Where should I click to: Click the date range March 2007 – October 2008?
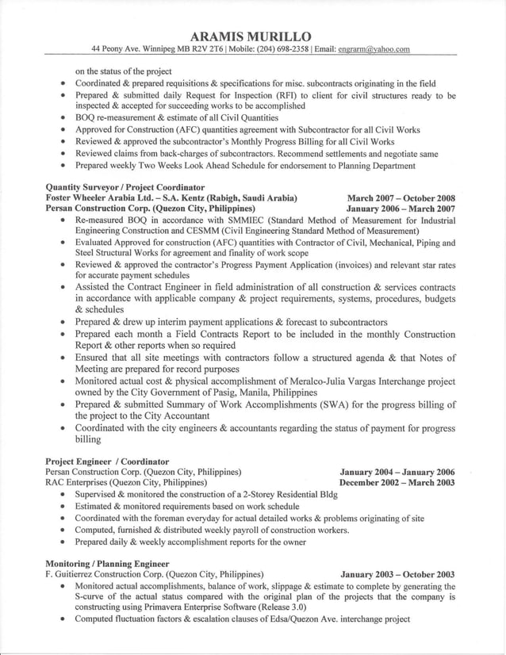pos(401,197)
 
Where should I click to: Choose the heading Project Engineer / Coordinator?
pos(107,461)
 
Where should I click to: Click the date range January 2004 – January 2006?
pos(397,472)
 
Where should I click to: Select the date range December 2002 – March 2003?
pos(397,482)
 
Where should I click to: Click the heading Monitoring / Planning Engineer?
pos(107,563)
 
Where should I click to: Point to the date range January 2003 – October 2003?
pos(397,574)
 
